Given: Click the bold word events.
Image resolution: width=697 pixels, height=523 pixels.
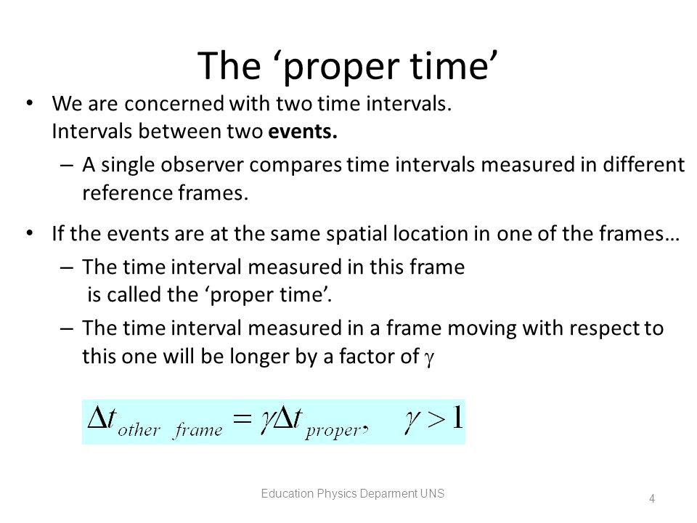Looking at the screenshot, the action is coord(302,131).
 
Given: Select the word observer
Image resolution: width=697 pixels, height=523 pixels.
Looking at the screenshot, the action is coord(203,165).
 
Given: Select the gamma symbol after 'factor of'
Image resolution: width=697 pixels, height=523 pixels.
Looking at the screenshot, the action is coord(429,358).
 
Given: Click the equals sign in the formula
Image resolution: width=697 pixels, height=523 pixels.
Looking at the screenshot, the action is coord(242,419).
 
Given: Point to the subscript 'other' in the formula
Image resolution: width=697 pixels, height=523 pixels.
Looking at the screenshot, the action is coord(139,430).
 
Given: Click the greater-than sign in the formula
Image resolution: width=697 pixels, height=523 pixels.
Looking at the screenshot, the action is coord(436,419).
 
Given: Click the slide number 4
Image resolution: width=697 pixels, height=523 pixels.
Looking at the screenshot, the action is coord(652,499).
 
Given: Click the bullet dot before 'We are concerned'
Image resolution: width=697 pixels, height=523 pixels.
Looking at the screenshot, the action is coord(30,104).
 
